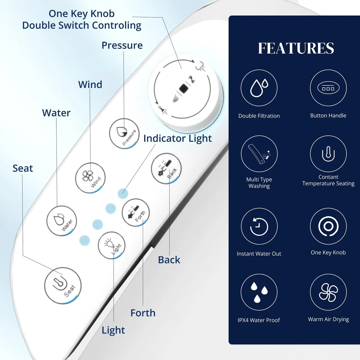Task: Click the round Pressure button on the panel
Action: coord(124,133)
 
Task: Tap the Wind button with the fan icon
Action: coord(90,178)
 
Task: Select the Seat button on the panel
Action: coord(63,285)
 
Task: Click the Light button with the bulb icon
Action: coord(112,245)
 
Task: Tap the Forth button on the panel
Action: coord(136,212)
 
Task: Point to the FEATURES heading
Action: coord(296,48)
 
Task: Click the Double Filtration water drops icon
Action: coord(259,88)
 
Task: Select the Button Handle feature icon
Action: coord(328,88)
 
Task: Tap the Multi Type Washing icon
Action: coord(259,154)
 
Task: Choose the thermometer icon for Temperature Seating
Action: coord(328,154)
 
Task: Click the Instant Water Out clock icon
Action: coord(259,226)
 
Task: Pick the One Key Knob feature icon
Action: coord(328,226)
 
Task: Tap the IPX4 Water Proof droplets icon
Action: coord(259,292)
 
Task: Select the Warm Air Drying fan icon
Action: coord(328,292)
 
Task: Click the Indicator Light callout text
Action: coord(178,138)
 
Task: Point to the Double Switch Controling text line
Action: coord(82,25)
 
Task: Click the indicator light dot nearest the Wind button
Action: coord(123,193)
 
